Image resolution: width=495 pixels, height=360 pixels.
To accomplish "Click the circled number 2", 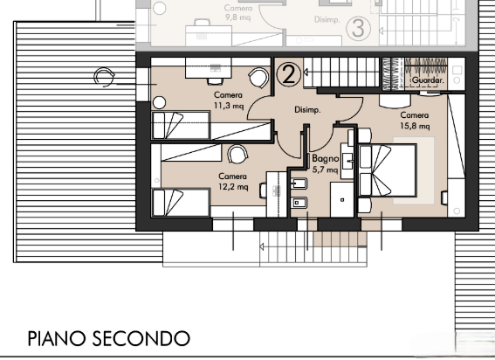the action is [289, 74].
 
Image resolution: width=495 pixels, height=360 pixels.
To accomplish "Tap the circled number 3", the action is [358, 28].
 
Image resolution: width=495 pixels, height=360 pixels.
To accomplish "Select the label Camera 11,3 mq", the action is [229, 100].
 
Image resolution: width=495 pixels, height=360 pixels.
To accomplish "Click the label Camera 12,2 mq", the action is [233, 182].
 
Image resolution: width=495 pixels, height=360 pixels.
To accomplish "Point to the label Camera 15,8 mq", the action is [415, 121].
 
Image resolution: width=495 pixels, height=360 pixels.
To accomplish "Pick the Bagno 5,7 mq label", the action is [325, 163].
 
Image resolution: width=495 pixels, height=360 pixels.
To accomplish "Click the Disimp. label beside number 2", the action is [307, 110].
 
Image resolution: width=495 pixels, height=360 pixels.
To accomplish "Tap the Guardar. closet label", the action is [428, 80].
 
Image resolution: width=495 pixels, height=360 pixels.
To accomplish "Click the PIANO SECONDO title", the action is [109, 338].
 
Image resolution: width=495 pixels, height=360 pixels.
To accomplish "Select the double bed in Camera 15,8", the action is [388, 170].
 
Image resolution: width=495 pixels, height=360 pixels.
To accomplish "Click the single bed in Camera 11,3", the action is [181, 125].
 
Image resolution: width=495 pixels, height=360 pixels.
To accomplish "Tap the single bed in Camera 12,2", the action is [181, 203].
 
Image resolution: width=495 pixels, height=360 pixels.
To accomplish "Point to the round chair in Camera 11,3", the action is [259, 78].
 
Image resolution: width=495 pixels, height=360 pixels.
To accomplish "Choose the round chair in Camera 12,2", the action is [237, 155].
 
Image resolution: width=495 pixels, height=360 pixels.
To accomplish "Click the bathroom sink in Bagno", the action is [348, 161].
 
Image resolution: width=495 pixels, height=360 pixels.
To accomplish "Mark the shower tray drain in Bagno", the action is [342, 200].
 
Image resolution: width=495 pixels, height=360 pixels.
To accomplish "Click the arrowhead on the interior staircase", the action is [306, 73].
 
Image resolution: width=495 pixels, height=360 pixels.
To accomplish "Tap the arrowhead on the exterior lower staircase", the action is [262, 246].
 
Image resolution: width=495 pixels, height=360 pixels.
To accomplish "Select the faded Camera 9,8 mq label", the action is [238, 12].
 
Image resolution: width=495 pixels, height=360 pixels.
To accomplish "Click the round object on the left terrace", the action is [104, 77].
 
